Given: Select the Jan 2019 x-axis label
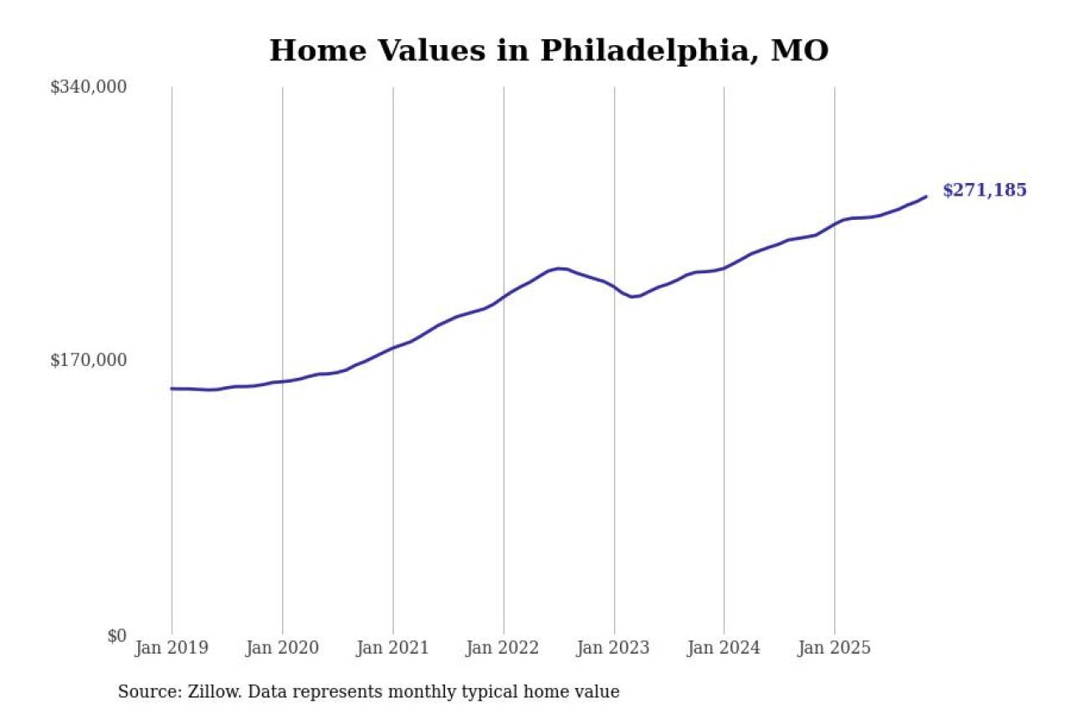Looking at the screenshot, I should pyautogui.click(x=172, y=648).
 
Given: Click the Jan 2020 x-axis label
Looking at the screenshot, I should pyautogui.click(x=282, y=648).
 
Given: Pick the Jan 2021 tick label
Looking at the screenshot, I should pyautogui.click(x=392, y=648).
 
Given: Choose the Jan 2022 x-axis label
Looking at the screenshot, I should pyautogui.click(x=503, y=648).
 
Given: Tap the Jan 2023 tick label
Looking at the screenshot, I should pyautogui.click(x=613, y=648).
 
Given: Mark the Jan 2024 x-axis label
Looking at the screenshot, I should pyautogui.click(x=724, y=648).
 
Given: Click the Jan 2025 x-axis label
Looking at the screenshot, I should pyautogui.click(x=834, y=648).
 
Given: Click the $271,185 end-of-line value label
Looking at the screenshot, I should pyautogui.click(x=984, y=191).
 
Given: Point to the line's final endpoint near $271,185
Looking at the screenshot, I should pyautogui.click(x=925, y=196).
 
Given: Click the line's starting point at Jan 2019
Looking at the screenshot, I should pyautogui.click(x=172, y=389).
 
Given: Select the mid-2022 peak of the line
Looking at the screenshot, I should pyautogui.click(x=558, y=268).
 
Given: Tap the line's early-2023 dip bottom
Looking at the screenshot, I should pyautogui.click(x=633, y=297).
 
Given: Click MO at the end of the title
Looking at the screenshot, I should pyautogui.click(x=799, y=51).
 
